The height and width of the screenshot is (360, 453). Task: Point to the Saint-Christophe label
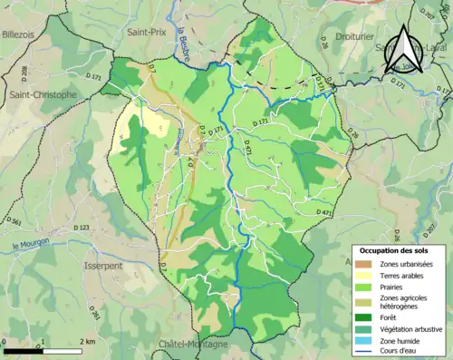[x=43, y=94]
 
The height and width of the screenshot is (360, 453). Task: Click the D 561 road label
[x=13, y=221]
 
